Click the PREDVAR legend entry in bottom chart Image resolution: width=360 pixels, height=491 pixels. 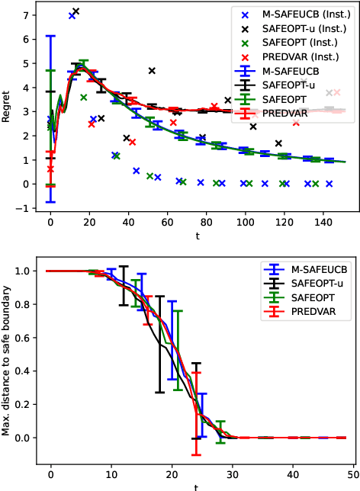[x=317, y=314]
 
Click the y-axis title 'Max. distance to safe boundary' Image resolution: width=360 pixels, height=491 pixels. [x=8, y=361]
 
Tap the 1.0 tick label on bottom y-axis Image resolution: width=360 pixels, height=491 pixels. [x=21, y=271]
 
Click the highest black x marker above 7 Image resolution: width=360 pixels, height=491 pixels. [x=76, y=11]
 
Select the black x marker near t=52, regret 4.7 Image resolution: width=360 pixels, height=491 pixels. [x=152, y=70]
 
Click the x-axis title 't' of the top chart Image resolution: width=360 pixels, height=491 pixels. [x=197, y=236]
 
